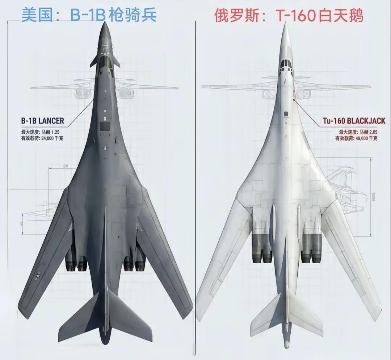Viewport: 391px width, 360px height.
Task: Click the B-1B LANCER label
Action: [42, 121]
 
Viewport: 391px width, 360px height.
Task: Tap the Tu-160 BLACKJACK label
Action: [354, 121]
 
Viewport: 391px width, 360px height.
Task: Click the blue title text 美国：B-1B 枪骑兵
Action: [89, 15]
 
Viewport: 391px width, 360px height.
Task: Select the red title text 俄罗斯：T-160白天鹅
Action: [289, 15]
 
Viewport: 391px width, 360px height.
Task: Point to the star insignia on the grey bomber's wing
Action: [38, 276]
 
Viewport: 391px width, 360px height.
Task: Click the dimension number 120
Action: [65, 166]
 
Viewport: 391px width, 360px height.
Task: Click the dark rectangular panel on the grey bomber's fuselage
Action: [105, 126]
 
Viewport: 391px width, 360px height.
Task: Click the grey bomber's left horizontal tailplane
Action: [80, 319]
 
